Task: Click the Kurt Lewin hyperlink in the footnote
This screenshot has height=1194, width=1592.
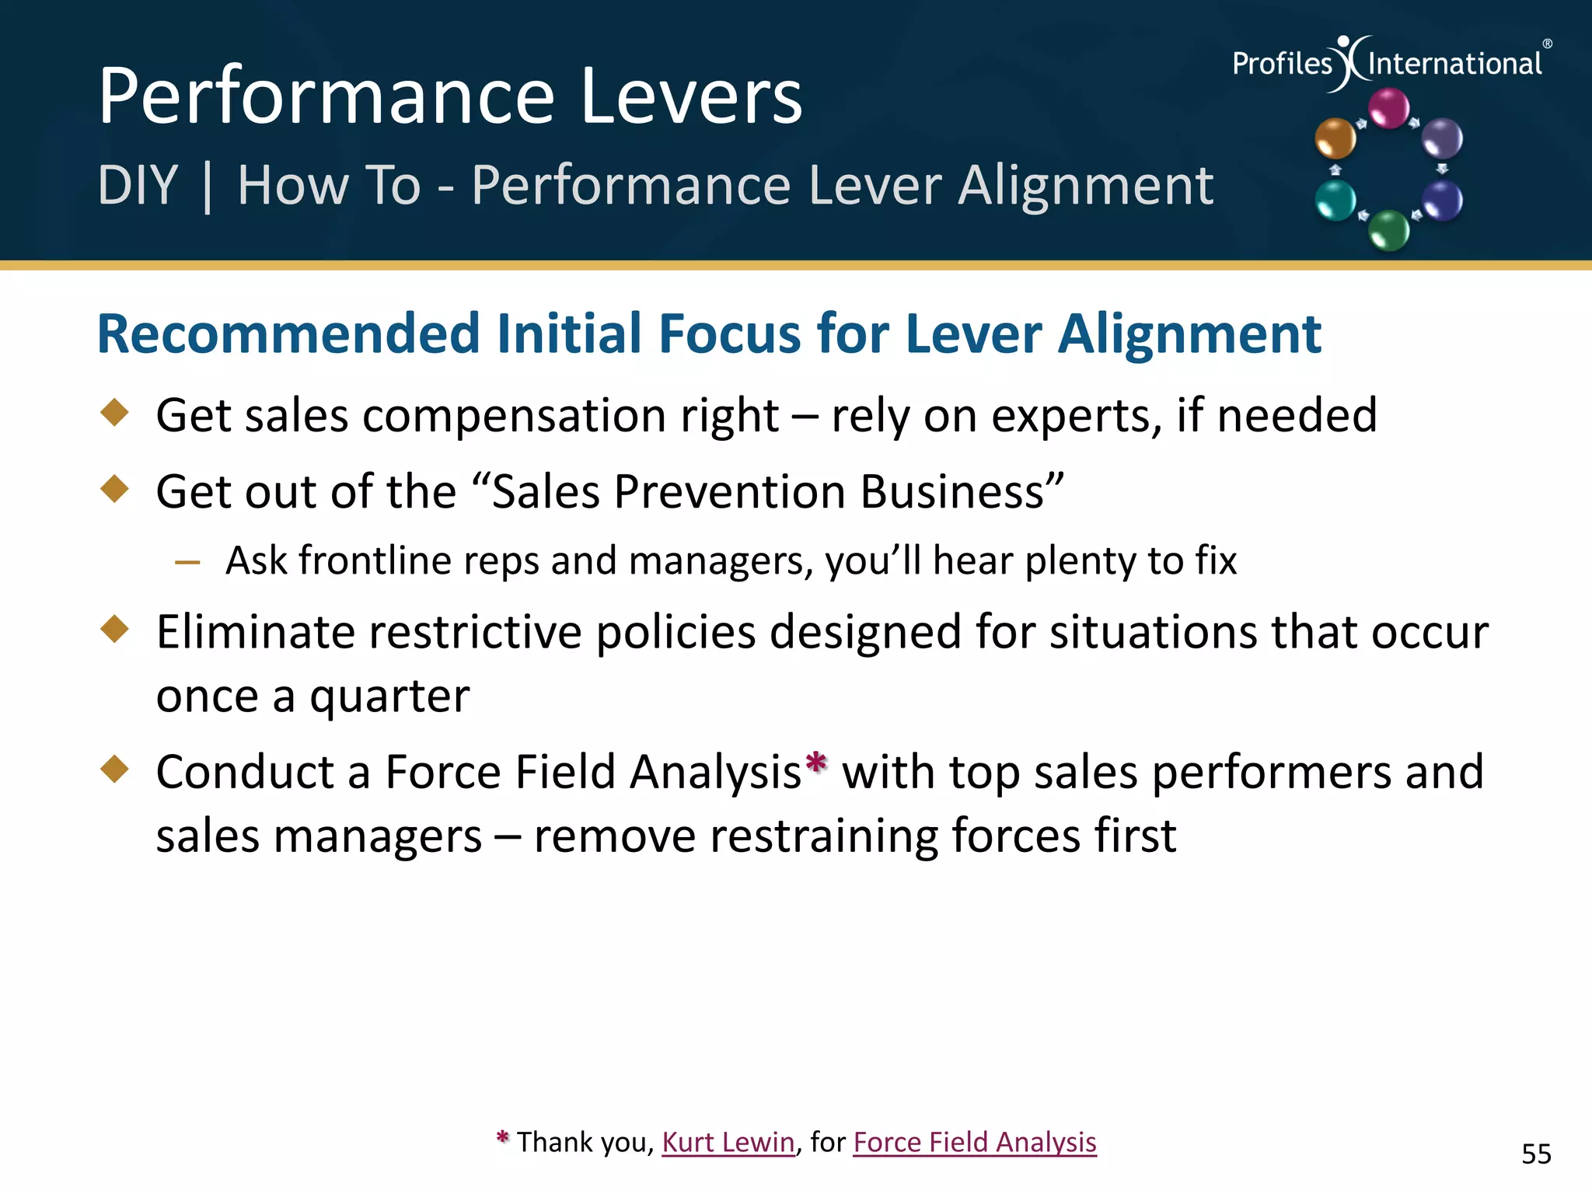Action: pyautogui.click(x=728, y=1142)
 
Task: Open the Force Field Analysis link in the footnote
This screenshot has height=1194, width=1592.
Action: pyautogui.click(x=974, y=1142)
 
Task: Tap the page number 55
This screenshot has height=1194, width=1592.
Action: pyautogui.click(x=1536, y=1154)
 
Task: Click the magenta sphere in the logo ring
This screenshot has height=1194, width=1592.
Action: pyautogui.click(x=1388, y=107)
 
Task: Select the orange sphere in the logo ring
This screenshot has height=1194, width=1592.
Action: pyautogui.click(x=1335, y=138)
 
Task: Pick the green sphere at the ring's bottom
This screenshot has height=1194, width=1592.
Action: pyautogui.click(x=1388, y=230)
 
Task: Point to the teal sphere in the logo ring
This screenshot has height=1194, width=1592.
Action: pyautogui.click(x=1335, y=201)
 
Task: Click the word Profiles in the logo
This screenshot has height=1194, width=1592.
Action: pyautogui.click(x=1282, y=64)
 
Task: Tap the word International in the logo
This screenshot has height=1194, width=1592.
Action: pyautogui.click(x=1454, y=64)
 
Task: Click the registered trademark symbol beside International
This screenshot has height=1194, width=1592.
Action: pyautogui.click(x=1547, y=44)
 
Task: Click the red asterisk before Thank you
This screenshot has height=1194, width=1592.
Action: pyautogui.click(x=502, y=1139)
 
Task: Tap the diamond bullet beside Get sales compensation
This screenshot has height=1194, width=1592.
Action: pyautogui.click(x=115, y=412)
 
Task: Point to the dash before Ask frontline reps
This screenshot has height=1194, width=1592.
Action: pyautogui.click(x=187, y=562)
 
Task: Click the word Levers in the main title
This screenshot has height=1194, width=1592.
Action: pyautogui.click(x=690, y=96)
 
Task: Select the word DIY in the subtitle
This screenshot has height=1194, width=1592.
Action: pyautogui.click(x=138, y=186)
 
